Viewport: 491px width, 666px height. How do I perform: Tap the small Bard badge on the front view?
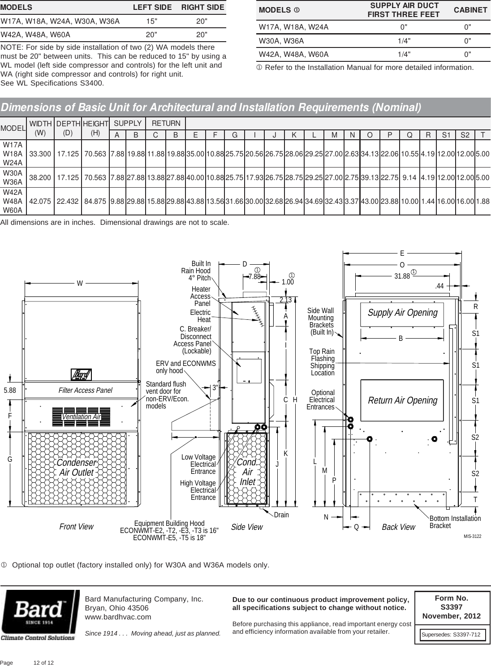tap(81, 374)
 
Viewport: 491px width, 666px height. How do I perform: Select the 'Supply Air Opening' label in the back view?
tap(402, 313)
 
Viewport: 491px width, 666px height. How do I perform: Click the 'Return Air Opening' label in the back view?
tap(402, 400)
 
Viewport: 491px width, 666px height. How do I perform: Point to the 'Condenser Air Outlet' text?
tap(77, 467)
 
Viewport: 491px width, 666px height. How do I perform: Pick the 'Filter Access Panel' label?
tap(85, 390)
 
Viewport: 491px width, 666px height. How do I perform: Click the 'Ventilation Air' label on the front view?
tap(81, 417)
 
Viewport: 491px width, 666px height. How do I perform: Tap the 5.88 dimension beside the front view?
tap(10, 390)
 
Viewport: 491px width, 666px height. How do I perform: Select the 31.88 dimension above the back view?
tap(402, 276)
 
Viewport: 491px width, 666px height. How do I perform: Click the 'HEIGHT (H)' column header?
tap(95, 128)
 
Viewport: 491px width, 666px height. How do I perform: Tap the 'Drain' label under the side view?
tap(281, 515)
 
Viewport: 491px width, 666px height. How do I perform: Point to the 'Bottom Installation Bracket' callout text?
tap(455, 522)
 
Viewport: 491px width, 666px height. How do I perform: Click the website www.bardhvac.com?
tap(118, 617)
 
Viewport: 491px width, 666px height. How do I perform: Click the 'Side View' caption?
tap(247, 527)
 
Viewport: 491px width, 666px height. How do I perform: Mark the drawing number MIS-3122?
tap(472, 536)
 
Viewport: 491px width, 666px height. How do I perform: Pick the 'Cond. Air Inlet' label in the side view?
tap(247, 472)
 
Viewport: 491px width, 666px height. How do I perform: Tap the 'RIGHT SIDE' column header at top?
tap(202, 8)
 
